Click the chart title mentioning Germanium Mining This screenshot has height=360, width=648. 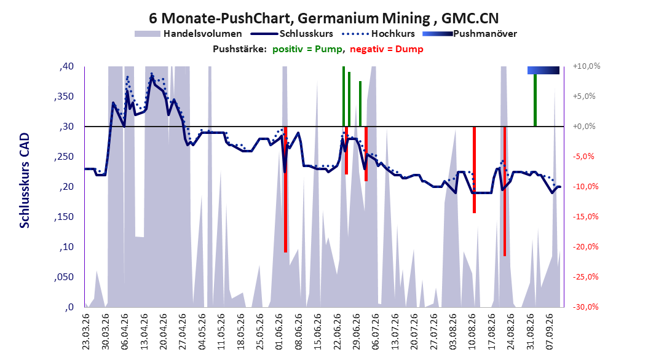click(x=323, y=18)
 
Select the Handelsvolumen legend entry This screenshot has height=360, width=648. click(x=189, y=34)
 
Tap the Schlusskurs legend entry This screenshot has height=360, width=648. click(x=292, y=34)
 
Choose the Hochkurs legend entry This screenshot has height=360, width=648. click(x=378, y=34)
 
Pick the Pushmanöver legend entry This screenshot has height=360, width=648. click(x=470, y=34)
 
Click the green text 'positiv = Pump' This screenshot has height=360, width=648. click(x=307, y=49)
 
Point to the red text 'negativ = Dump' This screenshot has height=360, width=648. click(x=387, y=49)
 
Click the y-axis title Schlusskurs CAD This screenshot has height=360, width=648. click(x=25, y=181)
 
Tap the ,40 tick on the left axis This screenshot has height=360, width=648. click(x=66, y=66)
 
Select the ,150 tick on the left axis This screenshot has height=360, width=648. click(x=64, y=217)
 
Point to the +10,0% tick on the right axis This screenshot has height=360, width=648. click(x=587, y=66)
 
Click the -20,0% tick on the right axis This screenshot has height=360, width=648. click(x=585, y=247)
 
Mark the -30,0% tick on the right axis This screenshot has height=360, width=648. click(x=585, y=307)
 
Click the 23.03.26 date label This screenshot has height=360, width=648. click(x=85, y=332)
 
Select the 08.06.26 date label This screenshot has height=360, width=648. click(x=298, y=332)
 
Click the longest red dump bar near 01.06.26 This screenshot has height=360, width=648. click(x=285, y=189)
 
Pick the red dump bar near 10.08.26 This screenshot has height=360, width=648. click(x=475, y=170)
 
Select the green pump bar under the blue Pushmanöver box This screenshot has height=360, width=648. click(x=535, y=100)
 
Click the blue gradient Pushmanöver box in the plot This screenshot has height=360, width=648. click(x=543, y=71)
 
